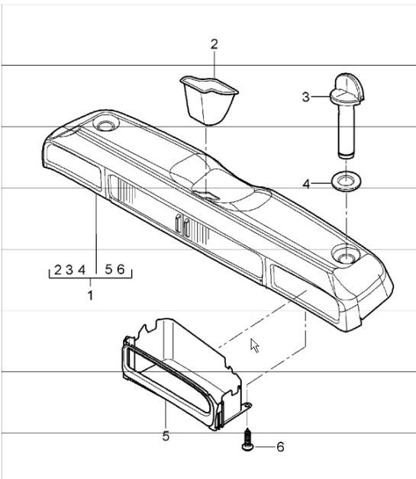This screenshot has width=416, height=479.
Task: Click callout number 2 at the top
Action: click(214, 43)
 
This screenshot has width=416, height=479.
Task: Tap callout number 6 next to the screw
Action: click(279, 447)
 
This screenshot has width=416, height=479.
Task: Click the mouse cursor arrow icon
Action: click(255, 346)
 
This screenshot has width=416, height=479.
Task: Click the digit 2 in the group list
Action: click(58, 270)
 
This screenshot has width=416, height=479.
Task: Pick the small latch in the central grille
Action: click(182, 224)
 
